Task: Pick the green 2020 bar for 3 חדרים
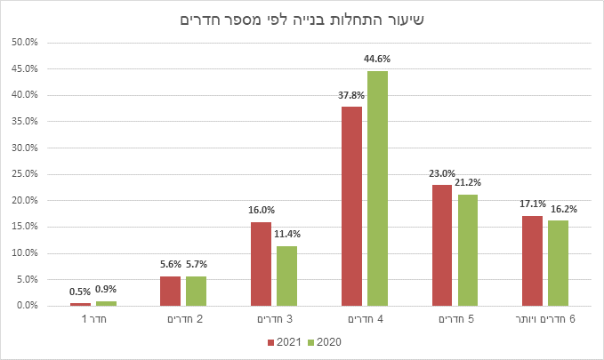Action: coord(286,276)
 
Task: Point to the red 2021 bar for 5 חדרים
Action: coord(441,245)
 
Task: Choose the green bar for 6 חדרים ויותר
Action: coord(558,263)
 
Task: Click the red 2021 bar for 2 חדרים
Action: coord(170,292)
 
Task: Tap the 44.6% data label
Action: coord(377,59)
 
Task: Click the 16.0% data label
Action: coord(261,210)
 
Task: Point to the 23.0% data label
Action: coord(441,173)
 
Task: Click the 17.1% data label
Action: coord(532,204)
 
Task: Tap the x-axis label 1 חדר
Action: coord(93,317)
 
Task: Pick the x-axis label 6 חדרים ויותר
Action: coord(544,317)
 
